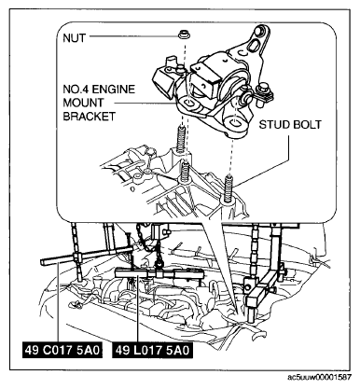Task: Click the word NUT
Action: pyautogui.click(x=74, y=38)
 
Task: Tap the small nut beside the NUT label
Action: pyautogui.click(x=184, y=35)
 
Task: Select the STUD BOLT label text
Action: pyautogui.click(x=290, y=125)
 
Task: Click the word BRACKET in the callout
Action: pyautogui.click(x=89, y=117)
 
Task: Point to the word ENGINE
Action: pyautogui.click(x=114, y=90)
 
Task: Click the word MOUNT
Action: pyautogui.click(x=83, y=103)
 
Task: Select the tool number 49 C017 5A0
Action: pyautogui.click(x=62, y=351)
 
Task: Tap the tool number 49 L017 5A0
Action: pyautogui.click(x=152, y=351)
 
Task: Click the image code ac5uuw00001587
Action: pyautogui.click(x=320, y=378)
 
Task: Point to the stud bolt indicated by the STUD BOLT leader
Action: pyautogui.click(x=228, y=186)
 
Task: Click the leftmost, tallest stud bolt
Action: pyautogui.click(x=181, y=139)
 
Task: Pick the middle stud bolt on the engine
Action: pyautogui.click(x=186, y=171)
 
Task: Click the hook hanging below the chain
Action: pyautogui.click(x=159, y=263)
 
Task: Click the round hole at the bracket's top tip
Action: pyautogui.click(x=258, y=31)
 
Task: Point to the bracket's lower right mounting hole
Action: pyautogui.click(x=235, y=122)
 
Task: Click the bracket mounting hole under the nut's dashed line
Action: pyautogui.click(x=189, y=104)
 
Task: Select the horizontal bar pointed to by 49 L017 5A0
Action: pyautogui.click(x=159, y=274)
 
